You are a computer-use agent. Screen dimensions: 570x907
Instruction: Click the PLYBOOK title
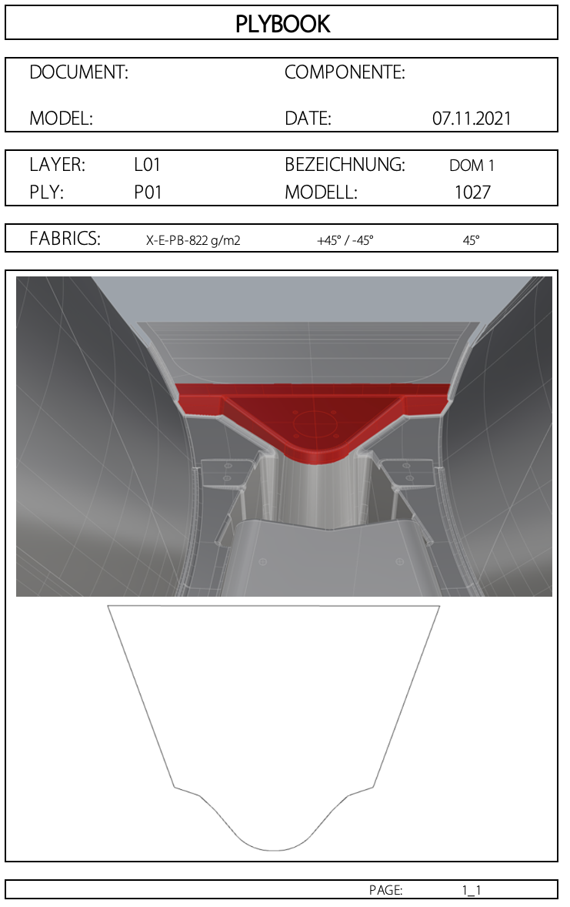point(282,24)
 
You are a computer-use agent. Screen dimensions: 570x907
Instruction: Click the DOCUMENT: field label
point(78,72)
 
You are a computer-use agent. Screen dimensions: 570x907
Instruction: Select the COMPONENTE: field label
point(345,72)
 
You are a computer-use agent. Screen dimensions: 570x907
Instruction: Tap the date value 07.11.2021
point(472,119)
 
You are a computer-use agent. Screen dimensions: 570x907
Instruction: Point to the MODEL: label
point(61,119)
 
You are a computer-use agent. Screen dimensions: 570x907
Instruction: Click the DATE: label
point(308,119)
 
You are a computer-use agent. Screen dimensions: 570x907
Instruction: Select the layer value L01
point(147,165)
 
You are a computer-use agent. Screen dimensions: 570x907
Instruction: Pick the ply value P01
point(148,192)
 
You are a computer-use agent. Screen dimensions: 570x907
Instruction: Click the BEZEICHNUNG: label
point(345,165)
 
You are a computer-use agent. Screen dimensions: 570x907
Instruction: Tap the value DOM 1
point(472,166)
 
